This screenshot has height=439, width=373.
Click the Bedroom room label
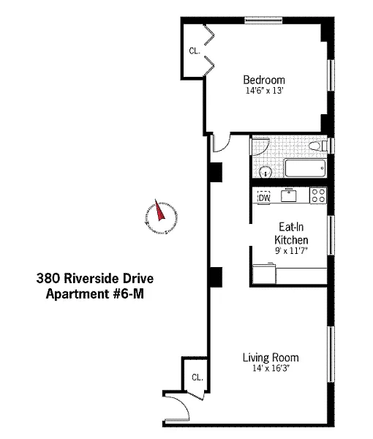[x=264, y=80]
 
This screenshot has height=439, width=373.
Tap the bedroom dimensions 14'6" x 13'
[x=265, y=91]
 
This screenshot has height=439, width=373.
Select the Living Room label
[x=271, y=358]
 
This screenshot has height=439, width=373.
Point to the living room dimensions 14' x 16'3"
[x=271, y=368]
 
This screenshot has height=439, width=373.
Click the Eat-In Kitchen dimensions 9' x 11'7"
[x=291, y=250]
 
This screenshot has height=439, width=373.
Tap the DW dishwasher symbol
[x=264, y=198]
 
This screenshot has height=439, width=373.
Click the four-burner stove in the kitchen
[x=318, y=195]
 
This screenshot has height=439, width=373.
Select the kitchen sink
[x=289, y=195]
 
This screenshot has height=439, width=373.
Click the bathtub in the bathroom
[x=305, y=168]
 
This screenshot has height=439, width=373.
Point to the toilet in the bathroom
[x=318, y=146]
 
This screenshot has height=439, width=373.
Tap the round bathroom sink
[x=265, y=172]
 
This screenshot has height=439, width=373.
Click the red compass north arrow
[x=159, y=210]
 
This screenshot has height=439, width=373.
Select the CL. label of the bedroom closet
[x=195, y=51]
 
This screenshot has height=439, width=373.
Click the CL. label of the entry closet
[x=197, y=377]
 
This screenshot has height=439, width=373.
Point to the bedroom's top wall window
[x=263, y=20]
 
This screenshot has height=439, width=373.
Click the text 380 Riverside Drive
[x=95, y=279]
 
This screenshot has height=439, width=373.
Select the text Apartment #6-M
[x=95, y=294]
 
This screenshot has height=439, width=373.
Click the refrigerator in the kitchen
[x=264, y=274]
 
